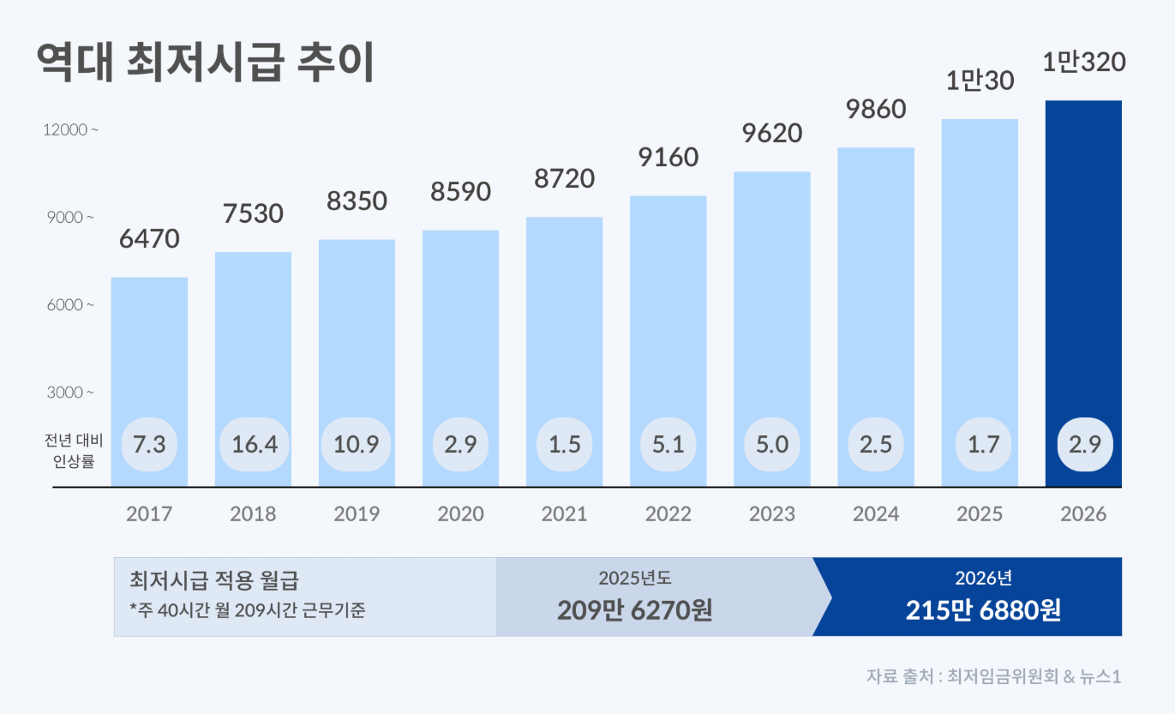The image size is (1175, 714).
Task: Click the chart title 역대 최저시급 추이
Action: click(x=206, y=63)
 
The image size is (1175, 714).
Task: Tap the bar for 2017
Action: click(x=149, y=360)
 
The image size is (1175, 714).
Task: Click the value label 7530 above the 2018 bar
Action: click(x=253, y=213)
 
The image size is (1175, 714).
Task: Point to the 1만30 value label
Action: click(x=980, y=81)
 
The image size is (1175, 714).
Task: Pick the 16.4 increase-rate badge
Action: click(x=255, y=444)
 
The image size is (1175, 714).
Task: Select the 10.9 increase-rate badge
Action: click(x=357, y=444)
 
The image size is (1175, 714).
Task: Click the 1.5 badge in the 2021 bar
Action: click(x=564, y=444)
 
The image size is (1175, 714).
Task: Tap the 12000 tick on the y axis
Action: click(x=70, y=130)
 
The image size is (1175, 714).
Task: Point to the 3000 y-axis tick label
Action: click(x=70, y=393)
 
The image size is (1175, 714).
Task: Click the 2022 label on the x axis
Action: click(x=668, y=514)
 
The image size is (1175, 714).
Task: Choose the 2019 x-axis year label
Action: click(x=357, y=514)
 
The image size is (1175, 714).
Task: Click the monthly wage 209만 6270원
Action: click(x=634, y=610)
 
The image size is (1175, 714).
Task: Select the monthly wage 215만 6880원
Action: click(x=983, y=610)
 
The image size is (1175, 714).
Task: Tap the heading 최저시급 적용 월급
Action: click(x=213, y=580)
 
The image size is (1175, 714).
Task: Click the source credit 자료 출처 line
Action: click(x=993, y=675)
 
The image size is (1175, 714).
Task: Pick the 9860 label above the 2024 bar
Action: click(x=875, y=110)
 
